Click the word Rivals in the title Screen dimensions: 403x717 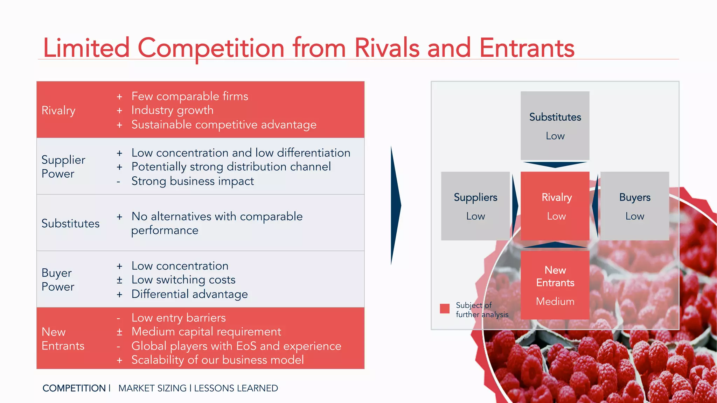click(x=387, y=48)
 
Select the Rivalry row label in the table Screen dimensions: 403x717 click(x=58, y=111)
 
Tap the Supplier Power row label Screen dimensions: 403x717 click(x=63, y=167)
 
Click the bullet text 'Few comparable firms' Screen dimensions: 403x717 click(x=189, y=96)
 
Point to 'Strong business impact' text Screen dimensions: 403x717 click(x=193, y=181)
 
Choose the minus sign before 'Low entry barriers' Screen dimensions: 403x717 click(x=119, y=318)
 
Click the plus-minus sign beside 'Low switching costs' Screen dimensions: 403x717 click(x=119, y=280)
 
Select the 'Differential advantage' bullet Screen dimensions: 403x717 click(x=189, y=294)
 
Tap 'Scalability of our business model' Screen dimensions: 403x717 click(x=217, y=360)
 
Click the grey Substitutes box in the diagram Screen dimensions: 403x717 click(x=555, y=126)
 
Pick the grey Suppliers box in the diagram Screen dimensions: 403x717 click(x=475, y=206)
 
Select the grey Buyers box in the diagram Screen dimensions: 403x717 click(x=634, y=206)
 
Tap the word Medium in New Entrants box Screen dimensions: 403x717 click(x=555, y=302)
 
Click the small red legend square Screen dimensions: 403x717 click(x=445, y=309)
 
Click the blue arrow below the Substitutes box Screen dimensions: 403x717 click(x=555, y=164)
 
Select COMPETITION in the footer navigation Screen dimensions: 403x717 click(x=74, y=388)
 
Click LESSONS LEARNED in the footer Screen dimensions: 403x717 click(x=236, y=388)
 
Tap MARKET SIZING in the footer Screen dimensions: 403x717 click(x=152, y=388)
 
